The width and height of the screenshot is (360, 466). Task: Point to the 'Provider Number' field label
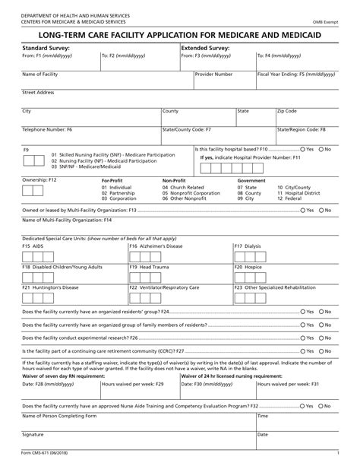click(213, 74)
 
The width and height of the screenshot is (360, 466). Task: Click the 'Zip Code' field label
click(287, 111)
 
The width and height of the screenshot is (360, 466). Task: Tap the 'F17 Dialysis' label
click(247, 246)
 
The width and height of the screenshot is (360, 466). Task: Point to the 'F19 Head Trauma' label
click(149, 268)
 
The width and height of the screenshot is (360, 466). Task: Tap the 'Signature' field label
click(33, 434)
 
